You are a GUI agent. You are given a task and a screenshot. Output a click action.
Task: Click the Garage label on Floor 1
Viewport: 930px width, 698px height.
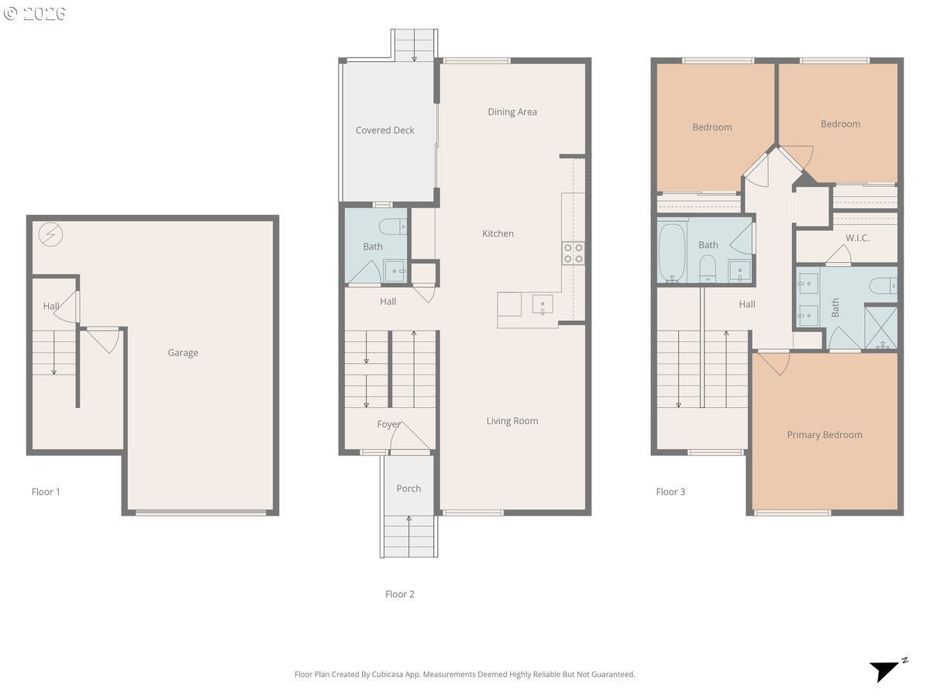pyautogui.click(x=183, y=353)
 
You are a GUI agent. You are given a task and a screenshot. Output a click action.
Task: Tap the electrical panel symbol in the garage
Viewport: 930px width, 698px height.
pyautogui.click(x=50, y=234)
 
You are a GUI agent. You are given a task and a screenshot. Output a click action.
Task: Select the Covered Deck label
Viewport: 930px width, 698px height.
pyautogui.click(x=384, y=130)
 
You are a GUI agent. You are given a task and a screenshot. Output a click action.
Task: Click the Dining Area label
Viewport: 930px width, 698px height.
pyautogui.click(x=512, y=112)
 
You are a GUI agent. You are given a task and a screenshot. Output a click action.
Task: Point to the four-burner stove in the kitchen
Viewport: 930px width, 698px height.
pyautogui.click(x=573, y=253)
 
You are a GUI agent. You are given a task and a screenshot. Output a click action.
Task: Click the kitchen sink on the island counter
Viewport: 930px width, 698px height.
pyautogui.click(x=542, y=305)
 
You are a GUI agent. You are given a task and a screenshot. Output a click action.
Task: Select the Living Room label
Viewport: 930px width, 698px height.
pyautogui.click(x=512, y=421)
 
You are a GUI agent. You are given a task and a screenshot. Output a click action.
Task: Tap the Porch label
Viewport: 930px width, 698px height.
pyautogui.click(x=408, y=489)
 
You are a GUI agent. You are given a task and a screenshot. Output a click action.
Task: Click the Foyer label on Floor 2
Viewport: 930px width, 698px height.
pyautogui.click(x=388, y=423)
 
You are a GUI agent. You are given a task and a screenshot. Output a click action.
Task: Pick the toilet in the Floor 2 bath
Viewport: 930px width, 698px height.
pyautogui.click(x=393, y=226)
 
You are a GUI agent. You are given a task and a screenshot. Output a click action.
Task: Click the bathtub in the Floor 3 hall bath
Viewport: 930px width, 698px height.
pyautogui.click(x=672, y=253)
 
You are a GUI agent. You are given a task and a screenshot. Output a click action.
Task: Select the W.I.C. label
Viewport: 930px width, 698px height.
pyautogui.click(x=857, y=238)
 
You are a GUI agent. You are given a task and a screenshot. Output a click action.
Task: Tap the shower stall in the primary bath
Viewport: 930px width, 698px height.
pyautogui.click(x=880, y=328)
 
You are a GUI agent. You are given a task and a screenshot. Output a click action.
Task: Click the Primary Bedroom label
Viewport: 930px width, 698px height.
pyautogui.click(x=824, y=435)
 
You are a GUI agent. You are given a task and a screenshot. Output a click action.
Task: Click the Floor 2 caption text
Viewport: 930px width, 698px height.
pyautogui.click(x=400, y=594)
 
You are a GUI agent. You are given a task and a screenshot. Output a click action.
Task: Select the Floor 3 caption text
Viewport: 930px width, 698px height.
pyautogui.click(x=670, y=492)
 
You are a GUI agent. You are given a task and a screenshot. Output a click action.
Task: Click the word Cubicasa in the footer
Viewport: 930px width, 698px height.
pyautogui.click(x=388, y=674)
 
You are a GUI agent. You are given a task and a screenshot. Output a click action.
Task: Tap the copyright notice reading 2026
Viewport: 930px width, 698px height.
pyautogui.click(x=35, y=13)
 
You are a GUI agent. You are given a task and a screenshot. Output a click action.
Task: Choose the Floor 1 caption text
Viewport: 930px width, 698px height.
pyautogui.click(x=46, y=492)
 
